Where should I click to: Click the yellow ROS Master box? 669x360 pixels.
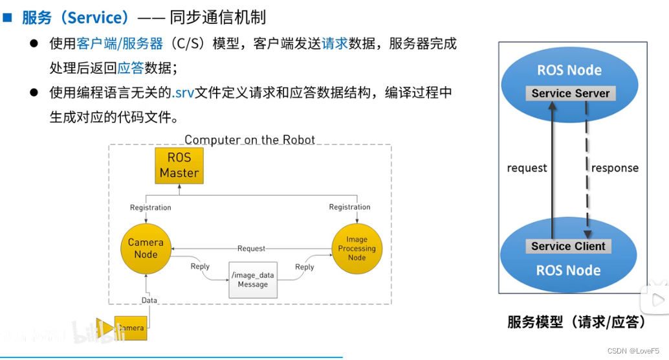(x=179, y=165)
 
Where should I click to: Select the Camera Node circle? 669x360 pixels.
(x=146, y=248)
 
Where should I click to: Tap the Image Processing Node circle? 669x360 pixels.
(x=356, y=249)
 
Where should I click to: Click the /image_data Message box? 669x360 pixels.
(x=252, y=280)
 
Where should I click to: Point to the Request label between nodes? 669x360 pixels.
(x=251, y=249)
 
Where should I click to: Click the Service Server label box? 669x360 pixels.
(x=570, y=93)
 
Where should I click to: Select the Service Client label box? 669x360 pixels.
(x=568, y=246)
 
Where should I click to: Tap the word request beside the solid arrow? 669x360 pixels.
(x=527, y=168)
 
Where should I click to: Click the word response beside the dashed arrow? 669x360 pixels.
(x=615, y=168)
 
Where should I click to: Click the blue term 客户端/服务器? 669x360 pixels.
(x=120, y=44)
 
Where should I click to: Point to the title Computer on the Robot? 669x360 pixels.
(x=250, y=139)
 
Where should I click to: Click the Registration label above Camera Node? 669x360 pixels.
(x=150, y=208)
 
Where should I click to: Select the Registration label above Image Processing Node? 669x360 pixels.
(x=349, y=207)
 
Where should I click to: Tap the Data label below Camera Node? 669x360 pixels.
(x=149, y=300)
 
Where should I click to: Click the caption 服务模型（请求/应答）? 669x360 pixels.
(x=578, y=322)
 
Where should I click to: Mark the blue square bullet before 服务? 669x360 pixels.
(x=7, y=17)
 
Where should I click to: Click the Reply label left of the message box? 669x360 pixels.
(x=200, y=266)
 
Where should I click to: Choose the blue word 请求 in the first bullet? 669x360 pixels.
(x=334, y=44)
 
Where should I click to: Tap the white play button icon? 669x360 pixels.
(x=657, y=299)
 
